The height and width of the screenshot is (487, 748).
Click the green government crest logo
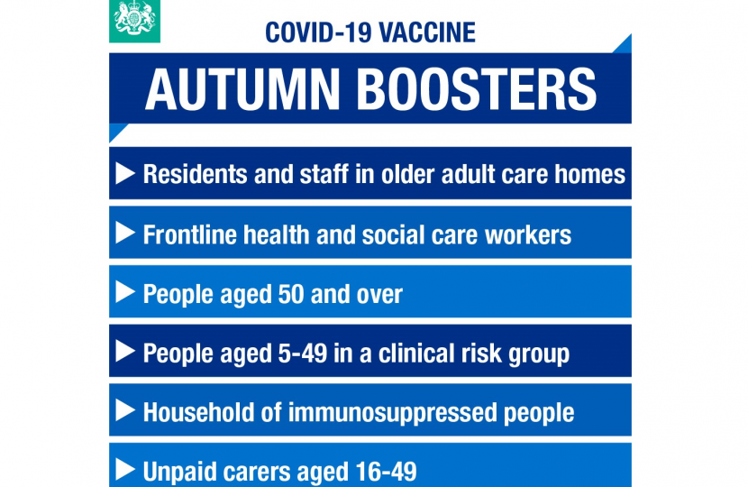click(134, 21)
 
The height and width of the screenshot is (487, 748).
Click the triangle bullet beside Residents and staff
click(126, 173)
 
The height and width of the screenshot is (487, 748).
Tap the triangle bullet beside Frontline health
click(126, 234)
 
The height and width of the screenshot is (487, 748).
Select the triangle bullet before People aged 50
click(126, 293)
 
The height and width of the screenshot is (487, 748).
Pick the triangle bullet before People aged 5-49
click(126, 352)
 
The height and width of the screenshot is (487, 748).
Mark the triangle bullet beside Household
click(126, 411)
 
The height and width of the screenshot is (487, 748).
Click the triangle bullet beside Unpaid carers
click(126, 470)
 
